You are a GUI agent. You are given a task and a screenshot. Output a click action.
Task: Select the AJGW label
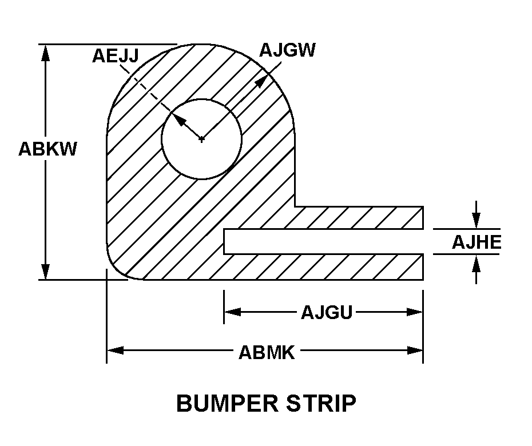(x=287, y=50)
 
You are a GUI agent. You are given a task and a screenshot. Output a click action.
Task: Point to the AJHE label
(x=476, y=242)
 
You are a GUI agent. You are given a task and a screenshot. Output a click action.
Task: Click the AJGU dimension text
(x=326, y=312)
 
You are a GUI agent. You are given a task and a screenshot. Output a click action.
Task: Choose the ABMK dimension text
(x=267, y=352)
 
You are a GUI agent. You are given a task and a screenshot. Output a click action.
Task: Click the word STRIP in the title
(x=323, y=404)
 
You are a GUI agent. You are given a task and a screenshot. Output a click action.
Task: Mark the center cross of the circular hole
(x=201, y=139)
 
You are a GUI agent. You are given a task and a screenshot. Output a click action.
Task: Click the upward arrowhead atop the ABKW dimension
(x=46, y=51)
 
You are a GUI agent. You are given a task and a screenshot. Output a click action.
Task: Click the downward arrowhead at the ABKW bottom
(x=46, y=272)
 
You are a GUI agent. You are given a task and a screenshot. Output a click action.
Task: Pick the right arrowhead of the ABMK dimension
(x=415, y=351)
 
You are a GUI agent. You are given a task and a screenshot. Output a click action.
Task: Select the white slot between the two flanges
(x=323, y=241)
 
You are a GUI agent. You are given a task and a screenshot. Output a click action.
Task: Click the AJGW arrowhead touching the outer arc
(x=261, y=80)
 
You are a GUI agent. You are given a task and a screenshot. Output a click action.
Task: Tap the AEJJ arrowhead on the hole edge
(x=178, y=118)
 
